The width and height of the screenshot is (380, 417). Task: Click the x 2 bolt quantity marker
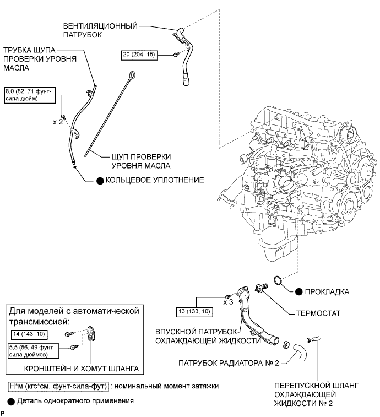(58, 121)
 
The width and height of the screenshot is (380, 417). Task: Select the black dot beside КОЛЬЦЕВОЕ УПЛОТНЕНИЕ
(100, 180)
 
